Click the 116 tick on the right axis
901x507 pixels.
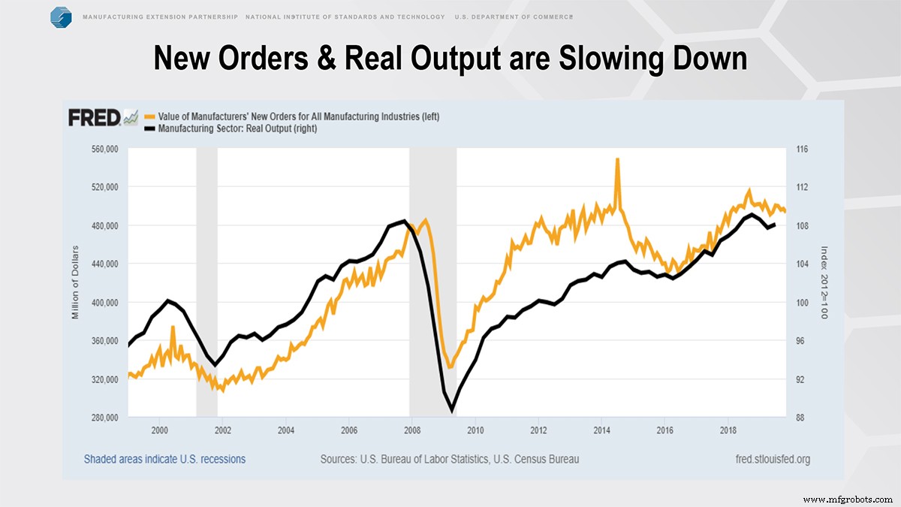tap(801, 149)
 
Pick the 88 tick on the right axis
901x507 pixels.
tap(800, 418)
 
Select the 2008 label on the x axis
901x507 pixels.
tap(411, 430)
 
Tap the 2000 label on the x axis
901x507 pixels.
tap(159, 430)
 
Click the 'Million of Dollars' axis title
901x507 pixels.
tap(75, 283)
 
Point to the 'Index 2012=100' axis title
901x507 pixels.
tap(824, 283)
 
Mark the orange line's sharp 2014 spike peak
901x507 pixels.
tap(617, 159)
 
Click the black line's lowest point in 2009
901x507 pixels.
tap(452, 411)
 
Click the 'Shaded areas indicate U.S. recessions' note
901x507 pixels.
tap(164, 459)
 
